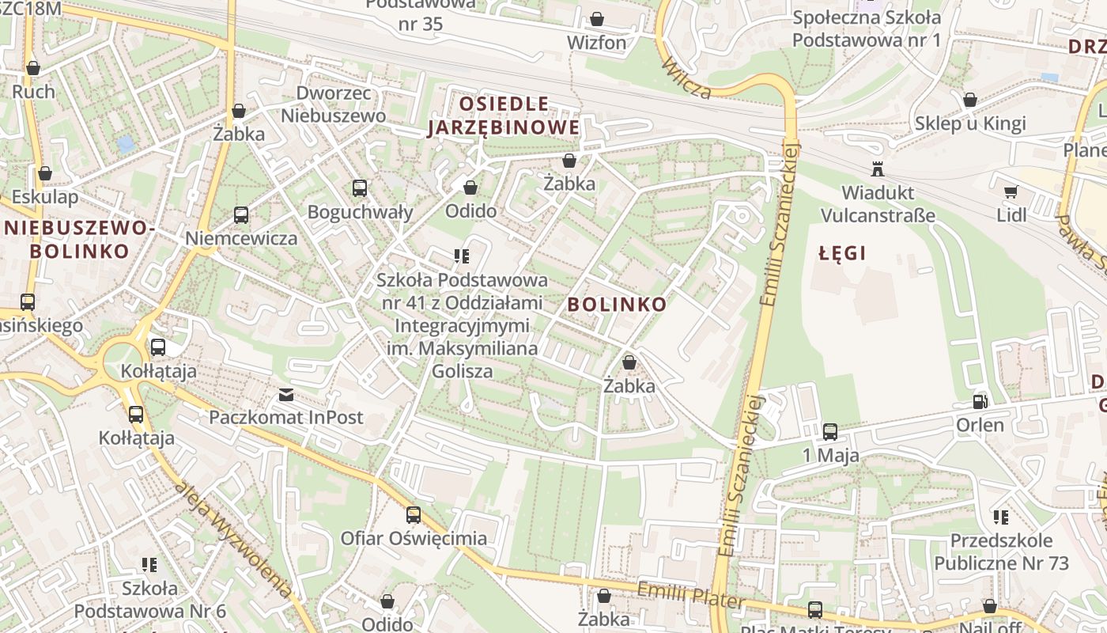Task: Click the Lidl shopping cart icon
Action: click(x=1010, y=191)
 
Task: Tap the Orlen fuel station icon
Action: click(x=980, y=402)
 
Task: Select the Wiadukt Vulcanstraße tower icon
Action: click(x=877, y=169)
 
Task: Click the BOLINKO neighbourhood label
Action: click(x=617, y=305)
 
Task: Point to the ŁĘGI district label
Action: click(x=842, y=253)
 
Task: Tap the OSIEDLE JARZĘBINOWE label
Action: click(x=504, y=116)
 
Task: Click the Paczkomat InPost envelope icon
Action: click(x=285, y=394)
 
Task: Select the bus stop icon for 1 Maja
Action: click(x=830, y=432)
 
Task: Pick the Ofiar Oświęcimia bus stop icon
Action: click(x=413, y=515)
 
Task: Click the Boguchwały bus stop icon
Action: click(x=360, y=188)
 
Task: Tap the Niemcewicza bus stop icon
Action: click(x=241, y=215)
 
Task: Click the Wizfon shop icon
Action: click(x=597, y=19)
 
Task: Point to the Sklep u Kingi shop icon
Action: click(x=969, y=100)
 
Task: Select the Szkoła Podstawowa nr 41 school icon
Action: click(x=462, y=256)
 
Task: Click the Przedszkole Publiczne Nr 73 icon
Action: click(x=1001, y=517)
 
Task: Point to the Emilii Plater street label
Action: click(x=690, y=596)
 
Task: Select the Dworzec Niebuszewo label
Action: click(x=333, y=104)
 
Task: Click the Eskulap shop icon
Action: click(x=45, y=173)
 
